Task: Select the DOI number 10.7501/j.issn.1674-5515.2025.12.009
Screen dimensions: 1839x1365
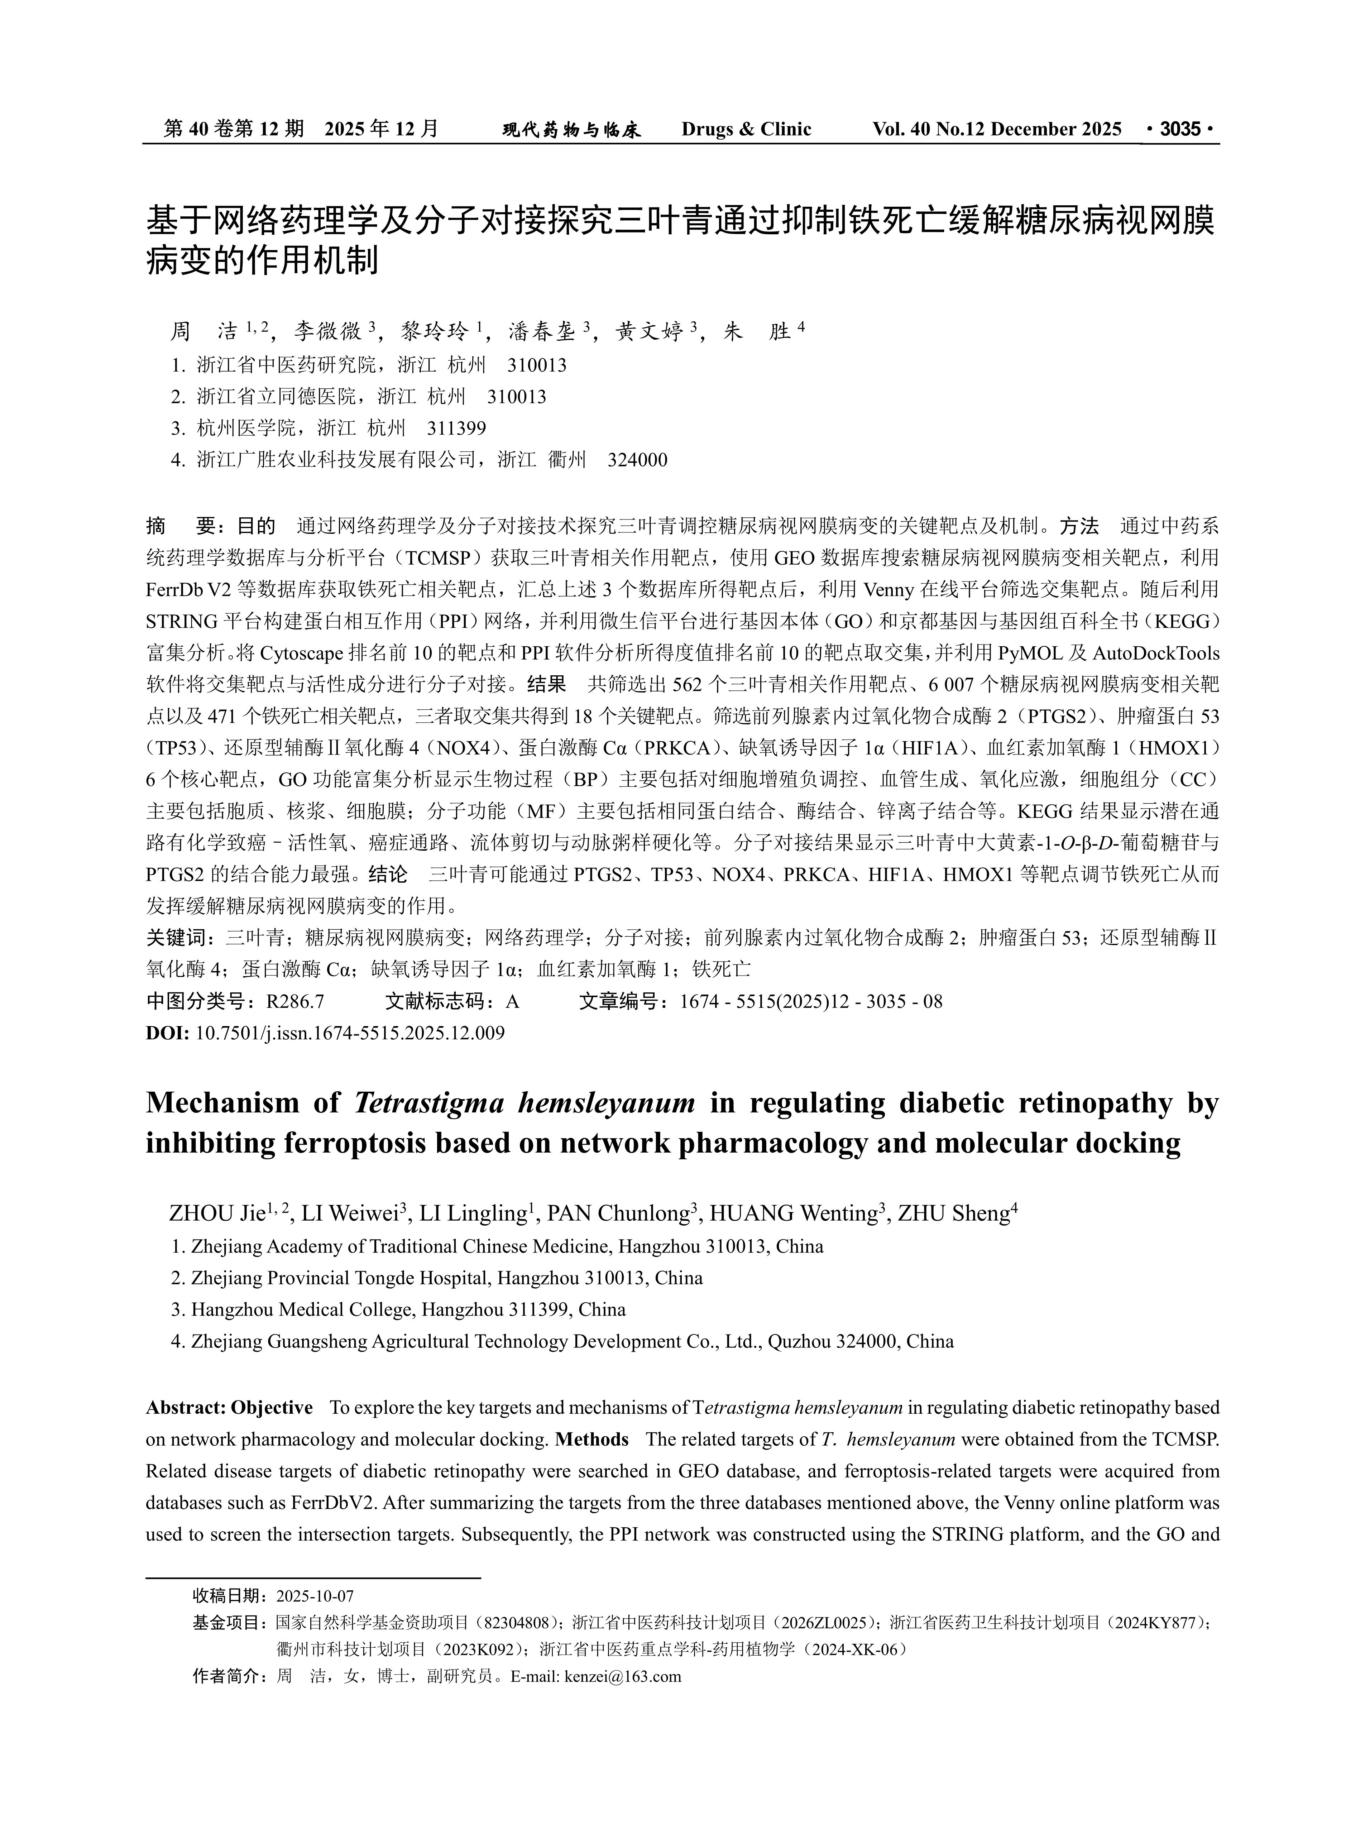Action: [x=350, y=1033]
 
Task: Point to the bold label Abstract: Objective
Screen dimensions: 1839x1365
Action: [x=229, y=1407]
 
